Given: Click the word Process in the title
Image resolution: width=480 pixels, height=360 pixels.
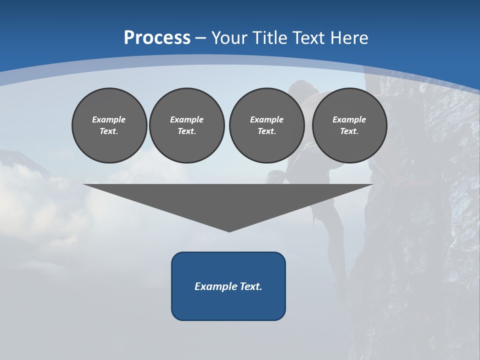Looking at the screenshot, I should [x=157, y=38].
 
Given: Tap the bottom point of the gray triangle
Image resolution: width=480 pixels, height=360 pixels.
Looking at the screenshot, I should [x=229, y=230].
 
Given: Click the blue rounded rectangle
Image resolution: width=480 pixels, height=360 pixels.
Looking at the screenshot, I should [x=228, y=305].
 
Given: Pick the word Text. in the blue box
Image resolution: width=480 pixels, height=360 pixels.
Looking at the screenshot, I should [x=251, y=286].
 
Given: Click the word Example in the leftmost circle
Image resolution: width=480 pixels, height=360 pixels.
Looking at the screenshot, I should [x=109, y=119].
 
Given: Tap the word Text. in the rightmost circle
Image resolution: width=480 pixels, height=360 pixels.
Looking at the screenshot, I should [x=349, y=131].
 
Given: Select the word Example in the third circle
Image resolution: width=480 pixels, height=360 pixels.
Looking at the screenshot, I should [x=266, y=119].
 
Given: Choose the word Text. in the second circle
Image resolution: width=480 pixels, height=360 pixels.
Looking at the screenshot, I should [x=186, y=131].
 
